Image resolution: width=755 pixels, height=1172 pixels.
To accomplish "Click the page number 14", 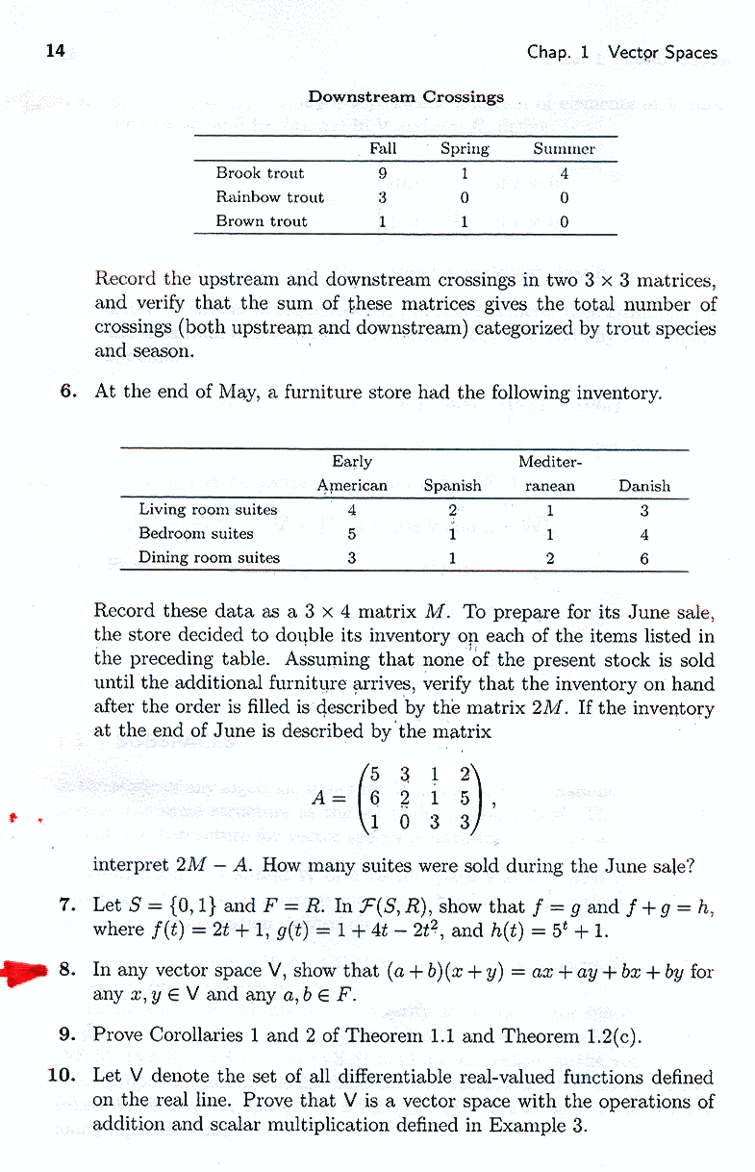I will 55,51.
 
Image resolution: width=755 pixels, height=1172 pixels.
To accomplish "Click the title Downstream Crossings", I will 405,97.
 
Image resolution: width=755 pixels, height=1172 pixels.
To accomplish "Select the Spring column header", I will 465,149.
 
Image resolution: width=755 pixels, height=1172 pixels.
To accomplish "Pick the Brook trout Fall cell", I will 383,173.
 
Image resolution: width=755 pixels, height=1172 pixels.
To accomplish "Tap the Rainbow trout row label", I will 269,197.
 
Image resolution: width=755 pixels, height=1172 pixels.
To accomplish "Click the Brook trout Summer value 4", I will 565,174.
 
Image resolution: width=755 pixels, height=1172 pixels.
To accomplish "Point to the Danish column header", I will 644,486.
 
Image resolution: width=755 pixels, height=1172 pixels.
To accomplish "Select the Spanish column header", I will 452,486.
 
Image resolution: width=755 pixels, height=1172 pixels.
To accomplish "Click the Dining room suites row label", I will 209,557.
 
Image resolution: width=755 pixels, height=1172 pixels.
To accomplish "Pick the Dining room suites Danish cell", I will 644,558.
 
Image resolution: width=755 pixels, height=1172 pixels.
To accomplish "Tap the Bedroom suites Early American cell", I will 352,534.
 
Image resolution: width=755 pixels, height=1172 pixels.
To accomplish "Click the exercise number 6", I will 66,392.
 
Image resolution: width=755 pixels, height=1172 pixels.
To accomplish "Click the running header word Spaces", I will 691,52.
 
